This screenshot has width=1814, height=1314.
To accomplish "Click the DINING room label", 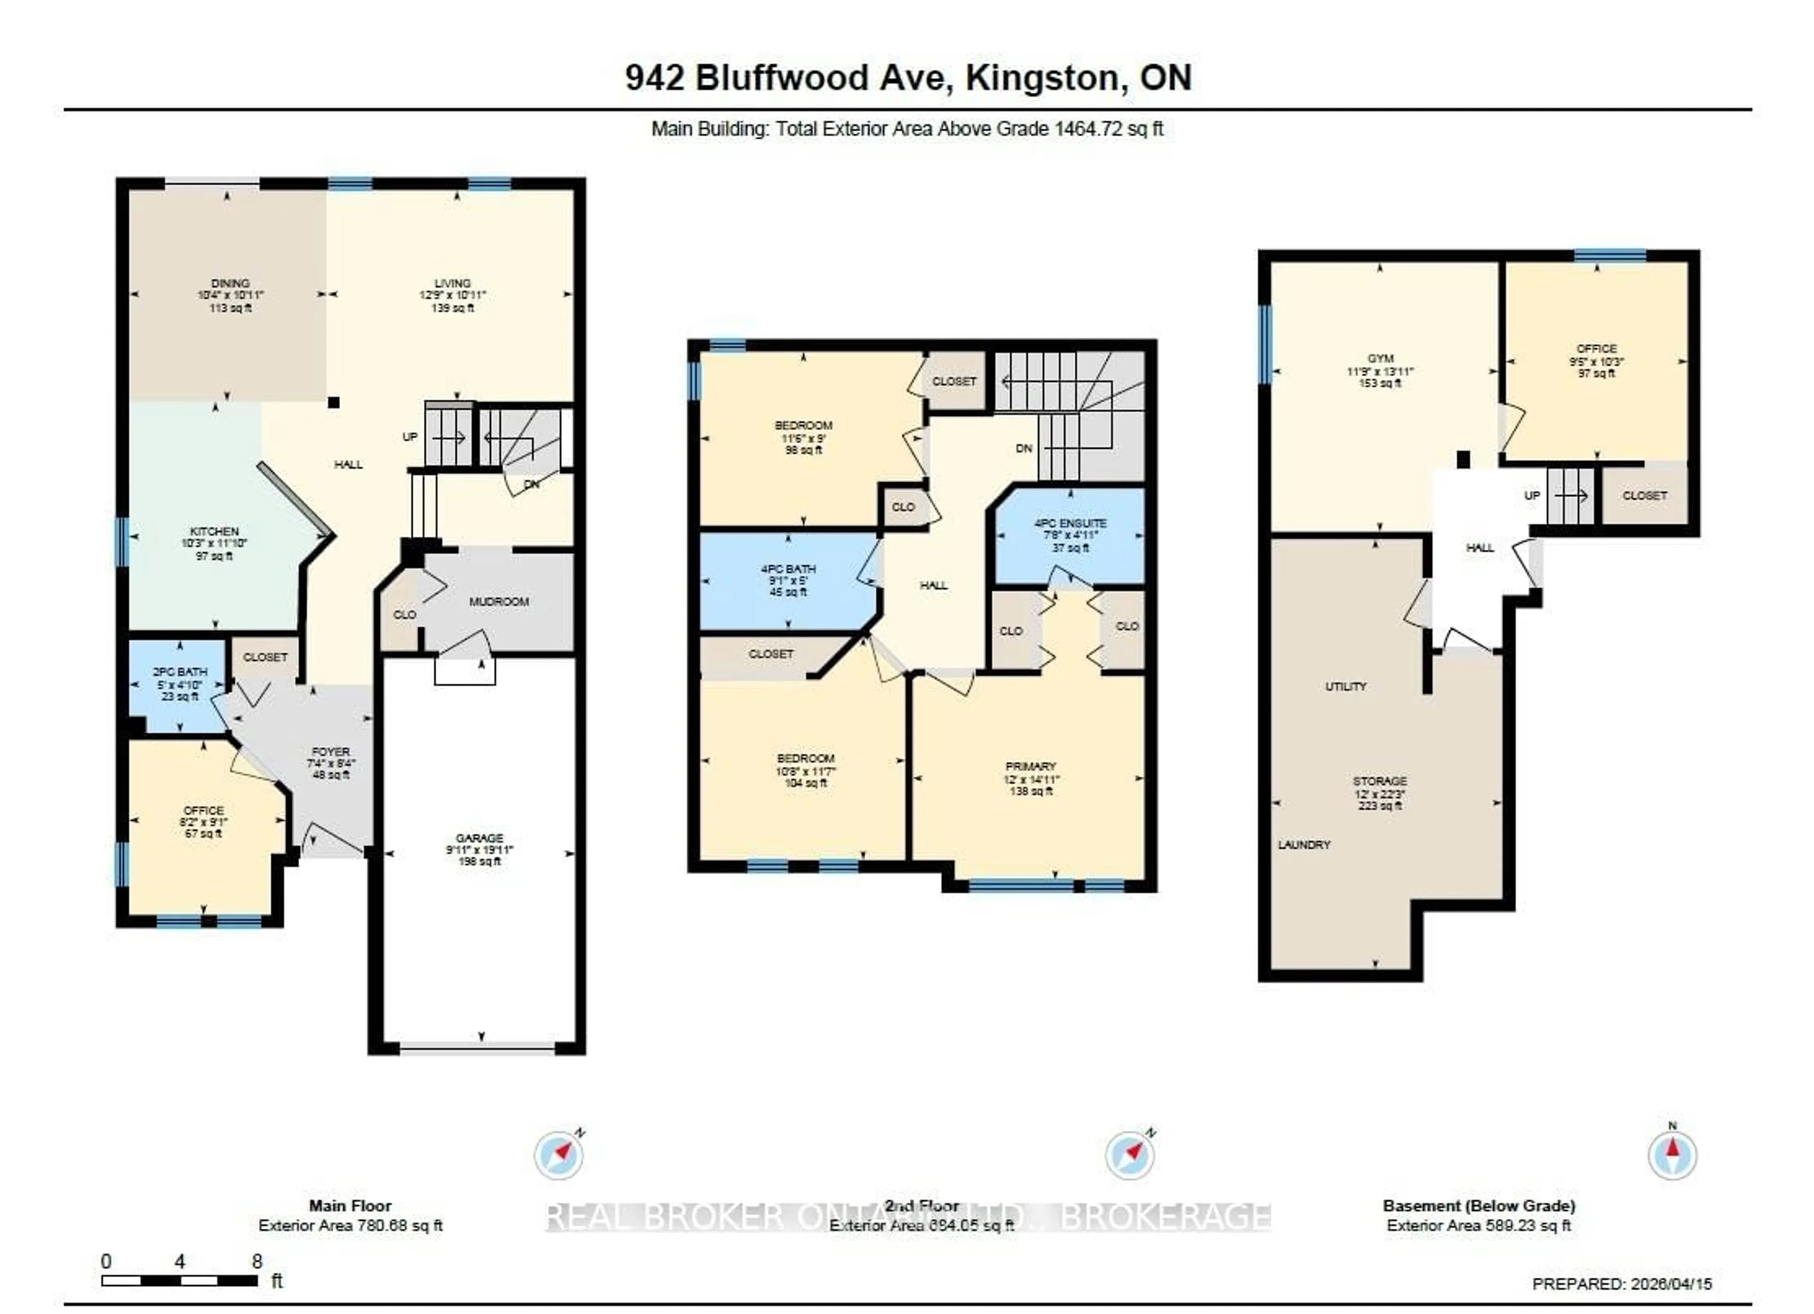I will [231, 283].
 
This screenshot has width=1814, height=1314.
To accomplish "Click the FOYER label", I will [330, 752].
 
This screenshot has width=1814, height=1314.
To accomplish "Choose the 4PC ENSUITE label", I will [1070, 523].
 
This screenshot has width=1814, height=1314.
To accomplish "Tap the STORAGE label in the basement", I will [1380, 781].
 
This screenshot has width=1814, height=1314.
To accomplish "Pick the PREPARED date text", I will [1622, 1284].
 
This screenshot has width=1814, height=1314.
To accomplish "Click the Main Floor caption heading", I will [351, 1206].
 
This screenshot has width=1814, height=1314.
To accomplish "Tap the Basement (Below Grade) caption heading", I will [1479, 1206].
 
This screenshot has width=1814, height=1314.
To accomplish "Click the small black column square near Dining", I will [334, 403].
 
